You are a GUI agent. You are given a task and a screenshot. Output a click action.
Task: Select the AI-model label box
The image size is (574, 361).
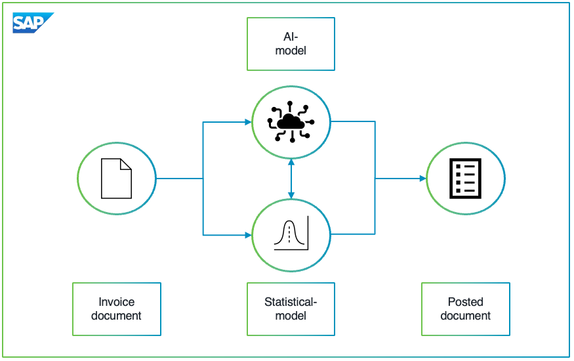[x=291, y=44]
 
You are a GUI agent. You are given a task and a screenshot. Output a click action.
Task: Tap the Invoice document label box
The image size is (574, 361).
[x=116, y=309]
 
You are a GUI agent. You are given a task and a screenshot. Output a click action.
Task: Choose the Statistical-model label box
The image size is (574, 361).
[x=291, y=309]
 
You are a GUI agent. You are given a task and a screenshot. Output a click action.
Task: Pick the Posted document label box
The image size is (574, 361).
[x=465, y=309]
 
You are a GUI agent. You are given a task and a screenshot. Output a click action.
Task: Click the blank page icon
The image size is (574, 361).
[x=116, y=178]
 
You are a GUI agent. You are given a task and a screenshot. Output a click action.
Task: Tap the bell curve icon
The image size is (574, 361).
[x=291, y=234]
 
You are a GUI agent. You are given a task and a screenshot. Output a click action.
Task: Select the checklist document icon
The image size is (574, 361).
[x=465, y=178]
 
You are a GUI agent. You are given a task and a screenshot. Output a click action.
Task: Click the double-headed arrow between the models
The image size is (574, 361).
[x=291, y=178]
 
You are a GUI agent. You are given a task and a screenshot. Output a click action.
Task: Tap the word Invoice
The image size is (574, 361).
[x=116, y=303]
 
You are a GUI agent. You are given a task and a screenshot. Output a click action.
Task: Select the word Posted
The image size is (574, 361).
[x=465, y=303]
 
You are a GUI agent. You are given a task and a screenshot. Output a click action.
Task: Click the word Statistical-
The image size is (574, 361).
[x=291, y=303]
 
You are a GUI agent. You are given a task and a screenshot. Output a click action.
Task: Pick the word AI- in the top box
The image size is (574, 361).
[x=291, y=37]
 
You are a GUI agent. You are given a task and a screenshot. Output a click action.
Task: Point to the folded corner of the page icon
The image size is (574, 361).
[x=126, y=164]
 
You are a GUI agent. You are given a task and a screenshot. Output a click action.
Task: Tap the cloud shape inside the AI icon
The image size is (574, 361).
[x=291, y=121]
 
